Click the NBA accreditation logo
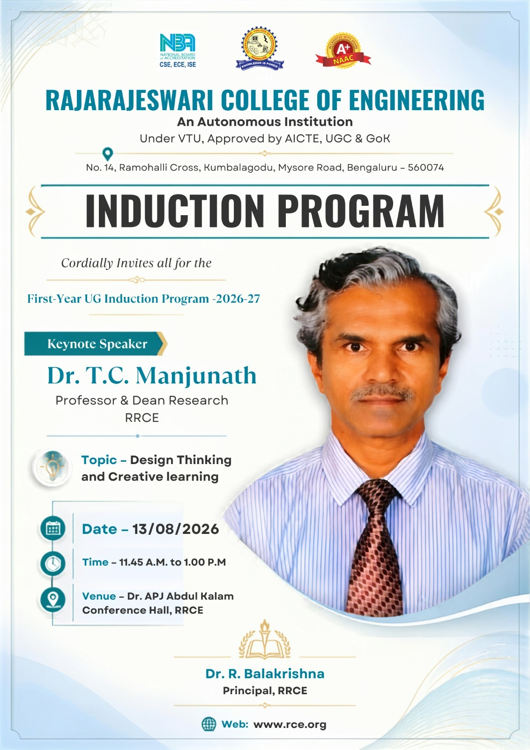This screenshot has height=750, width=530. (x=178, y=50)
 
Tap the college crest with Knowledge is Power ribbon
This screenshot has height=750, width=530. (x=260, y=49)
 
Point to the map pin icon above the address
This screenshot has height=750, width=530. (x=107, y=154)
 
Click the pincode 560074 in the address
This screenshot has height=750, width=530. (x=426, y=167)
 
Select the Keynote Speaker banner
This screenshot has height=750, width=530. (x=96, y=344)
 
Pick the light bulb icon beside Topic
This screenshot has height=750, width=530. (x=52, y=467)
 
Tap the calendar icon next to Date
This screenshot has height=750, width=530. (x=53, y=529)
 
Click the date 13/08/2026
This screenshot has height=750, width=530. (x=175, y=529)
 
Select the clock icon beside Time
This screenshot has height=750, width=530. (x=53, y=563)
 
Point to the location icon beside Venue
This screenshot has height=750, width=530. (x=53, y=600)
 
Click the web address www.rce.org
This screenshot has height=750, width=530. (x=290, y=725)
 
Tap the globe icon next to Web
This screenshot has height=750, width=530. (x=209, y=724)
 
